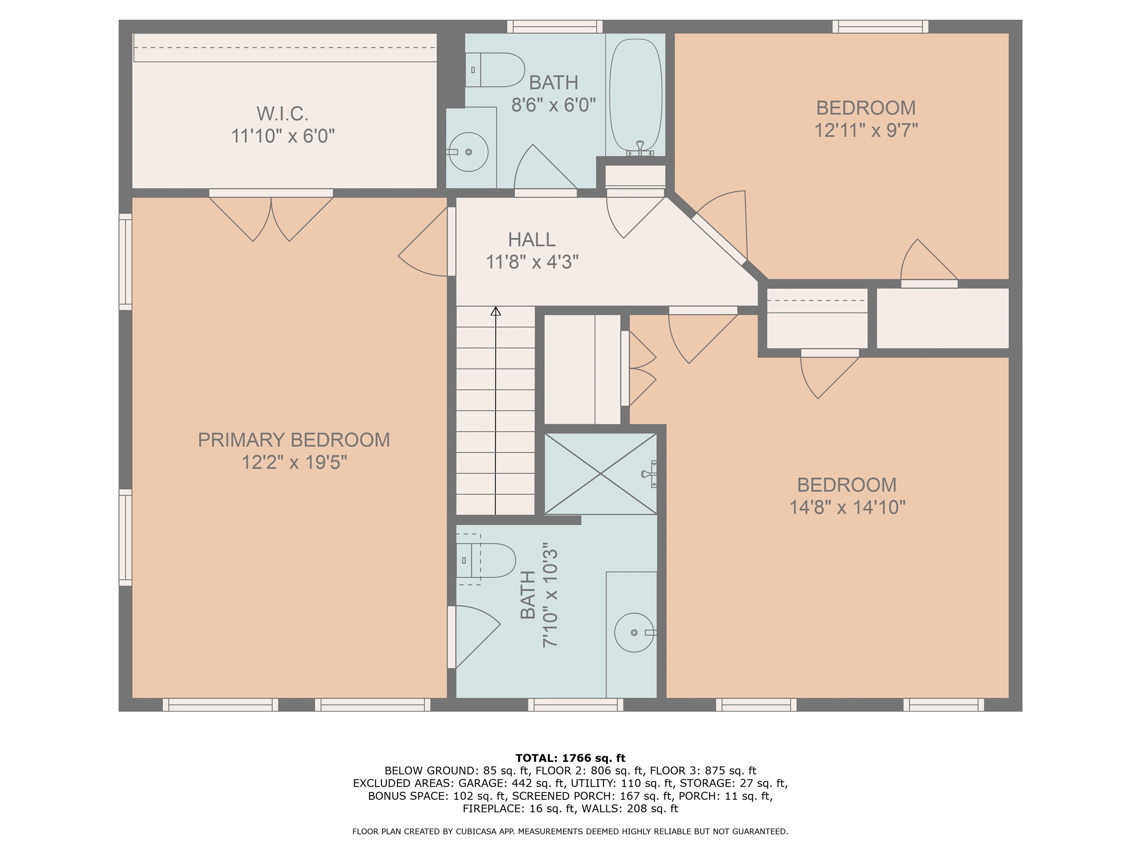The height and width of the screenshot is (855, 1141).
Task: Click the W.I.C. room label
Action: click(282, 113)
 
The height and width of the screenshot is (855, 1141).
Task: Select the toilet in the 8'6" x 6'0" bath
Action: click(495, 69)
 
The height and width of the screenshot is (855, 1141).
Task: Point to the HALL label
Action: click(532, 240)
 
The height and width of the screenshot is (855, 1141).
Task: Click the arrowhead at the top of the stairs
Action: click(496, 311)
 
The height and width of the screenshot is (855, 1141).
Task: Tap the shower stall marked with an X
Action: click(601, 474)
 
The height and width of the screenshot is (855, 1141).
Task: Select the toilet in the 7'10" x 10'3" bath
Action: click(486, 560)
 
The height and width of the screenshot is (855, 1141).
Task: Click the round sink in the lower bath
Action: click(634, 632)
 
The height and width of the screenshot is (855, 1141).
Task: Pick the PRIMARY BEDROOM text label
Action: click(294, 440)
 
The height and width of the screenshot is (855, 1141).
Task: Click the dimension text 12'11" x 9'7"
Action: click(866, 130)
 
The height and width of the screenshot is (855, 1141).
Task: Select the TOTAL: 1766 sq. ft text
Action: click(570, 758)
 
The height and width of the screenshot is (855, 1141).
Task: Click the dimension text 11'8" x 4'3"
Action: click(532, 262)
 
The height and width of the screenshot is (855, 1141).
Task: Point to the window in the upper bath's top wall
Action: click(555, 26)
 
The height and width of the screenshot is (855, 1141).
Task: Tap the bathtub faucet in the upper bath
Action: click(640, 148)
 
